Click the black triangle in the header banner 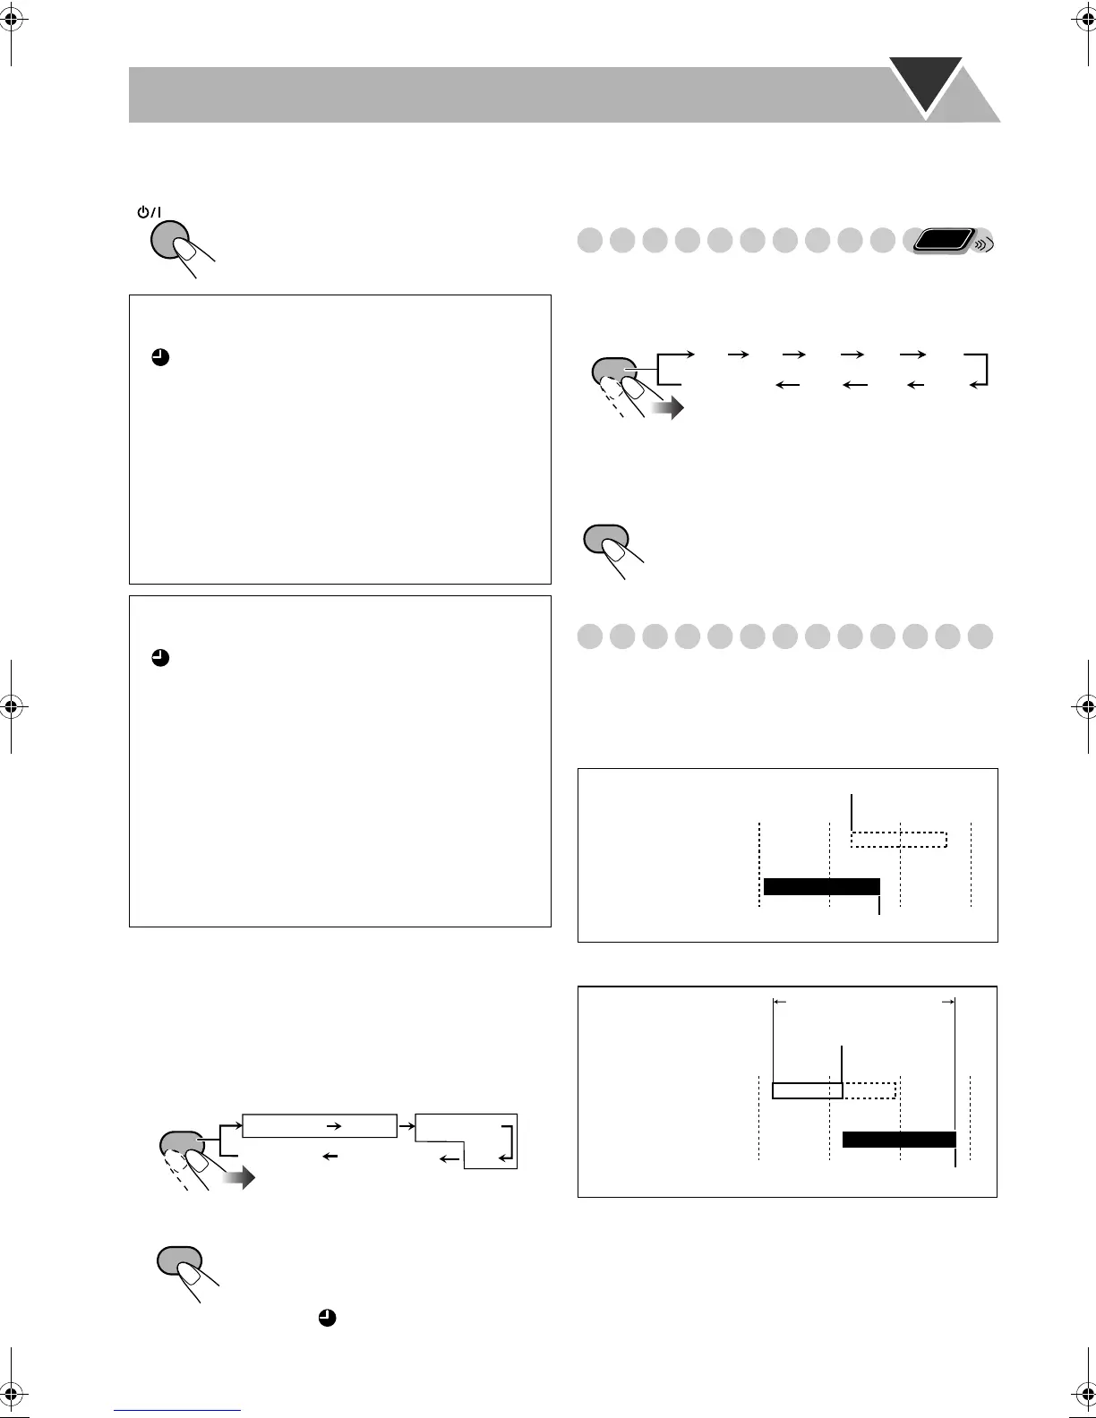tap(925, 82)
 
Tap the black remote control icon tap(940, 242)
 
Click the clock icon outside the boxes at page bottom tap(328, 1318)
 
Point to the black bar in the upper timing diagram tap(821, 886)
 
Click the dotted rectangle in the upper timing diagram tap(898, 839)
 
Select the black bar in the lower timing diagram tap(899, 1140)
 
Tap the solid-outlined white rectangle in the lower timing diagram tap(807, 1090)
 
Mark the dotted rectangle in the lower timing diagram tap(869, 1090)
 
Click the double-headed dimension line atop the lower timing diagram tap(864, 1003)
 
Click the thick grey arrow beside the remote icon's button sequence tap(667, 409)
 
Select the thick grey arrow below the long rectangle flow tap(238, 1178)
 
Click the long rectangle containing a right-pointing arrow tap(319, 1125)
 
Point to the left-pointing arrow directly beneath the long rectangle tap(330, 1157)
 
